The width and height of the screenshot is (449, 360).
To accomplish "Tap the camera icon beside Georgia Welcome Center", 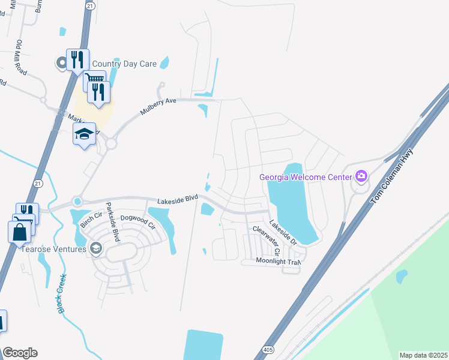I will click(361, 176).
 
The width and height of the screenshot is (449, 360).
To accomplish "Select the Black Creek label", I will click(61, 292).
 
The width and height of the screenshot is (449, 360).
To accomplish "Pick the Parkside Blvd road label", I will click(112, 219).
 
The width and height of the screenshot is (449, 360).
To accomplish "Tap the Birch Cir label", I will click(86, 220).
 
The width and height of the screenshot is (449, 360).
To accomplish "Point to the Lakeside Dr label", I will click(283, 233).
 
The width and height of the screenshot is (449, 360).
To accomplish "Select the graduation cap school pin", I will click(85, 134).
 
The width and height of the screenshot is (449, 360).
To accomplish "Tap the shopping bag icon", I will click(19, 232).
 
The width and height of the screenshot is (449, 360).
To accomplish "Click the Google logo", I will click(20, 353).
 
